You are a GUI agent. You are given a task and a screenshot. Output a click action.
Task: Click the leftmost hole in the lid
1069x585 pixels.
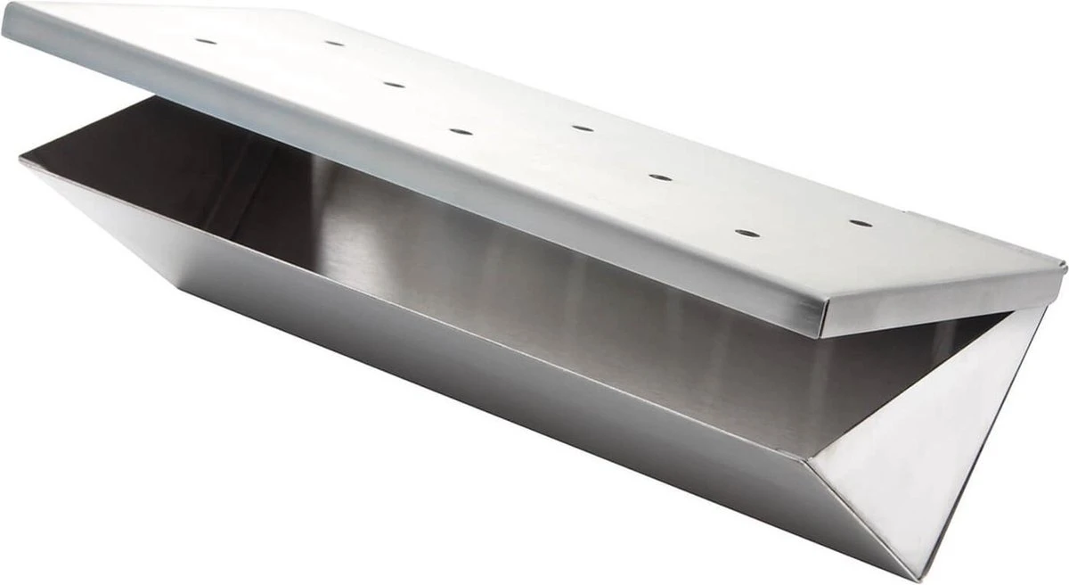pyautogui.click(x=206, y=41)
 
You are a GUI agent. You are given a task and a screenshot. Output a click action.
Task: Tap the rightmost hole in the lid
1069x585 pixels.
pyautogui.click(x=860, y=222)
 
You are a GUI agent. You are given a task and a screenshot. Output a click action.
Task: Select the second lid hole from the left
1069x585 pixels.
pyautogui.click(x=334, y=43)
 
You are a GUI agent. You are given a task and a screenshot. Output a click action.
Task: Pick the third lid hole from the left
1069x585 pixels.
pyautogui.click(x=393, y=86)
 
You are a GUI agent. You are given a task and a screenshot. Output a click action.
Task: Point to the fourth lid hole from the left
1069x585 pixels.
pyautogui.click(x=461, y=132)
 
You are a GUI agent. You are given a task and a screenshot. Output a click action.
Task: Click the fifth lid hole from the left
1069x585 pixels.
pyautogui.click(x=583, y=128)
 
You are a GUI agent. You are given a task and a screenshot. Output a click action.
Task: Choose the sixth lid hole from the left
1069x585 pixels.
pyautogui.click(x=660, y=177)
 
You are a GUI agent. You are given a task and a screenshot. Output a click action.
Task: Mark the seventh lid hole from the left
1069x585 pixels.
pyautogui.click(x=747, y=234)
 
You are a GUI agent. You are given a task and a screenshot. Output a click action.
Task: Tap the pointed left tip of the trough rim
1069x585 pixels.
pyautogui.click(x=21, y=161)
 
